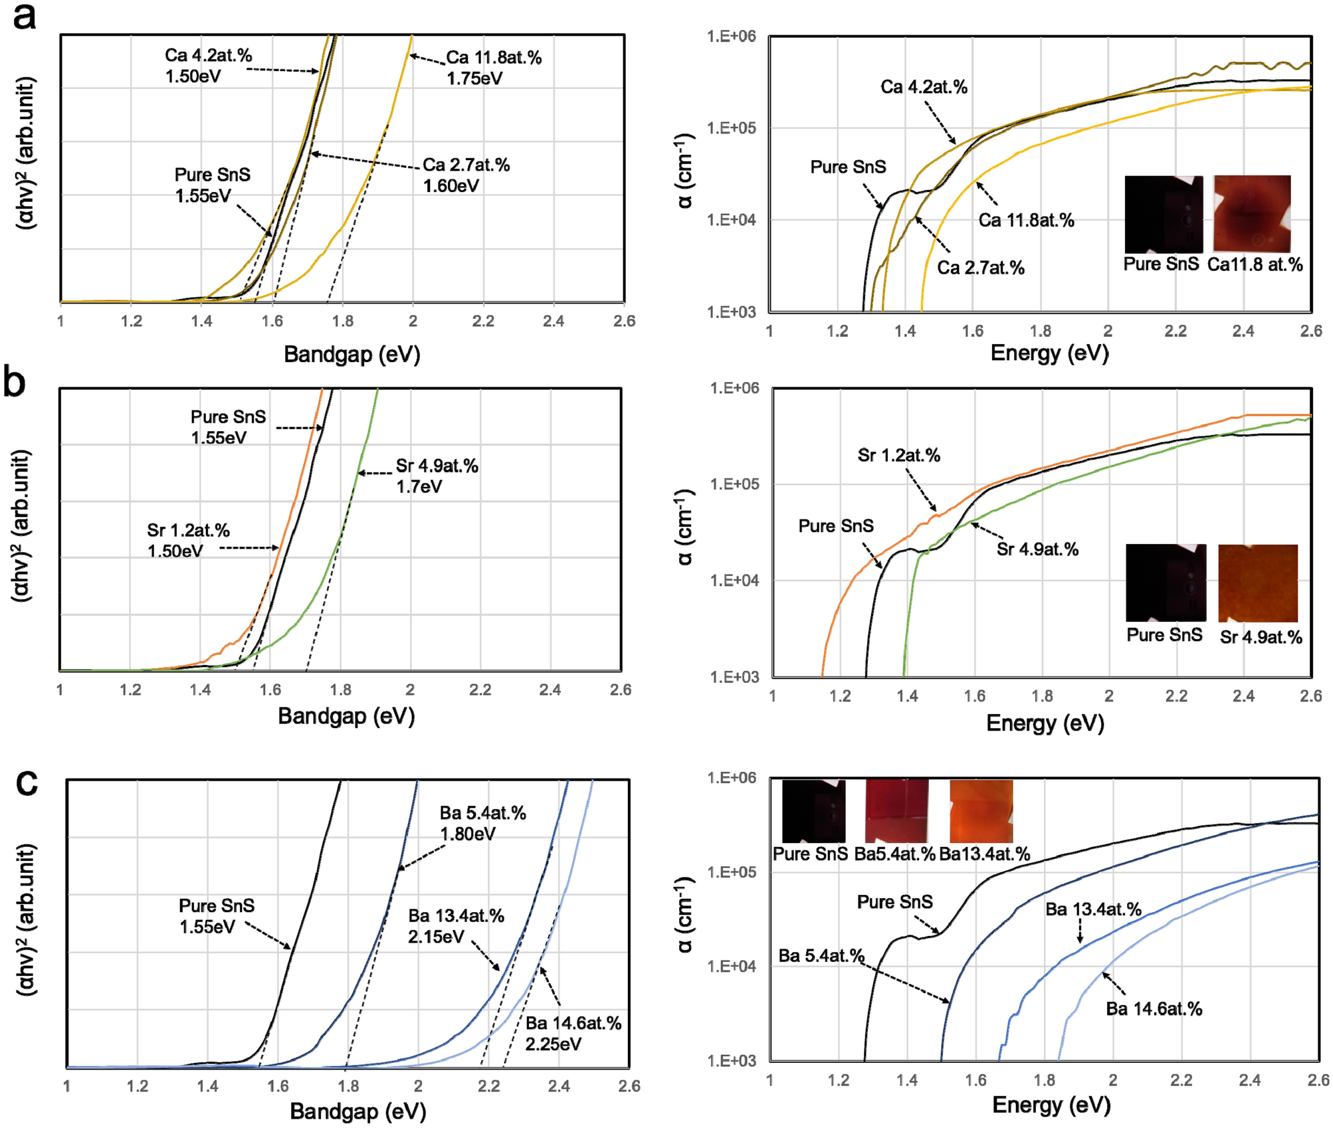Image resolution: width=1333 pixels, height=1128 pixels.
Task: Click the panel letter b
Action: (15, 383)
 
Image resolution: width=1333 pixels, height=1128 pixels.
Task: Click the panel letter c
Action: (27, 782)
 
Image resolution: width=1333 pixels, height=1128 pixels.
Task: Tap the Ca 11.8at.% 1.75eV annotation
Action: (493, 68)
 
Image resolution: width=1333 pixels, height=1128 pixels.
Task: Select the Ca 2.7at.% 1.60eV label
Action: (466, 175)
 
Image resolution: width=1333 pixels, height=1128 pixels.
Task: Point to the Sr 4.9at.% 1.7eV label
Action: (437, 476)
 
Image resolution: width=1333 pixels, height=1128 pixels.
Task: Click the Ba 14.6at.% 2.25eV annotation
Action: (573, 1033)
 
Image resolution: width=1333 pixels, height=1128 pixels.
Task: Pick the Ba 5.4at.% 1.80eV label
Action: (482, 823)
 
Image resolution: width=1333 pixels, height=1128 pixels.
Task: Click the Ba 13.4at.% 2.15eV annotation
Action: (456, 926)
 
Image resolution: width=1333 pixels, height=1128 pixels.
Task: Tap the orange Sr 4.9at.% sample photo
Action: (1257, 583)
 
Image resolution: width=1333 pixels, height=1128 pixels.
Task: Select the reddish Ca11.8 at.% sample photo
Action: (1252, 213)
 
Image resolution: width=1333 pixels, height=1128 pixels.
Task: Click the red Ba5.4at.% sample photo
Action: (896, 811)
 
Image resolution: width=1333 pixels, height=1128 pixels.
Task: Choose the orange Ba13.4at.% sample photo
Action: (981, 811)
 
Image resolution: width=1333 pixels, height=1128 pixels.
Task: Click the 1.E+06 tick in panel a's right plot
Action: (731, 37)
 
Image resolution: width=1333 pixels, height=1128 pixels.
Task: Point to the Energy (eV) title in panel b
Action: (1045, 722)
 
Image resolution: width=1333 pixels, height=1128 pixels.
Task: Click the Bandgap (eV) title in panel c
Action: (358, 1111)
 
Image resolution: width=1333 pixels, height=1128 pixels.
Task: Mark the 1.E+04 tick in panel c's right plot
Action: (731, 966)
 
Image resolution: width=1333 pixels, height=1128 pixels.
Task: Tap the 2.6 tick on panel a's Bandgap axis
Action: (624, 322)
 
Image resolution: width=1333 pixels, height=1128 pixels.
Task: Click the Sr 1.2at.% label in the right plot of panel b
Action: (898, 456)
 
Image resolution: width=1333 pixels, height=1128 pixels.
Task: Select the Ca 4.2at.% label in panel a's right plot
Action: (924, 87)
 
